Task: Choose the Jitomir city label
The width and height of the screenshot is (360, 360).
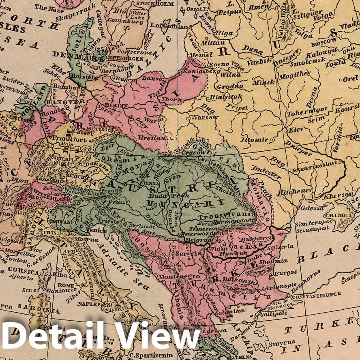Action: pyautogui.click(x=254, y=139)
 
